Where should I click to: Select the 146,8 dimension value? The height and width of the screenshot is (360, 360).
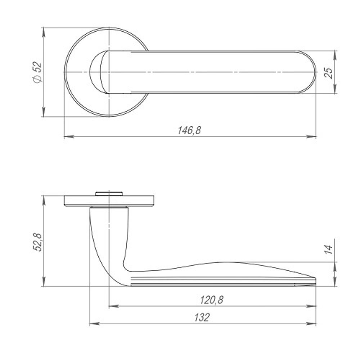point(189,130)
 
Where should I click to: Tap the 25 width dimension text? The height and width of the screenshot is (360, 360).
point(328,72)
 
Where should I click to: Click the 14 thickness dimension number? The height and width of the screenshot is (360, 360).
point(328,249)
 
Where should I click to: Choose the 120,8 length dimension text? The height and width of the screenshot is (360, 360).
point(212,300)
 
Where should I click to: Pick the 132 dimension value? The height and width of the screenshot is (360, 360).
point(202,318)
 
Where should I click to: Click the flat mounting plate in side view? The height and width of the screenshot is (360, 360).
point(140,201)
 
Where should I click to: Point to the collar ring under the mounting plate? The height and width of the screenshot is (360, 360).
point(109,207)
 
